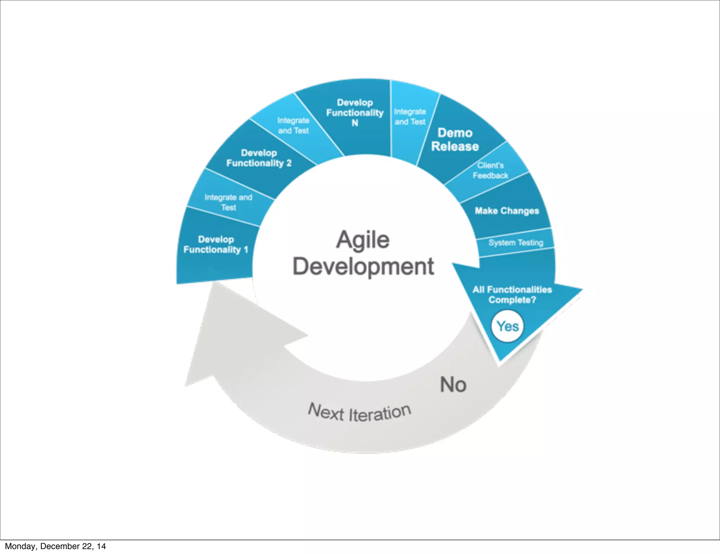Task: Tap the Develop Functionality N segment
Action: click(x=355, y=112)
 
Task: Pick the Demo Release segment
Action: click(x=455, y=140)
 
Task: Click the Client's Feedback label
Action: click(x=490, y=170)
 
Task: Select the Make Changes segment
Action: click(x=507, y=211)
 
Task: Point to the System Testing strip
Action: click(x=516, y=243)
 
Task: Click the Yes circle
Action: click(x=507, y=326)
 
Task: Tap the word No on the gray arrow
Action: click(x=453, y=385)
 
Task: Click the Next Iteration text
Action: click(x=359, y=412)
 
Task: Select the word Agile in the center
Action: click(x=363, y=240)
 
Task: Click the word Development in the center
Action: click(x=363, y=266)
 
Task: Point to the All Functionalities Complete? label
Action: click(x=512, y=295)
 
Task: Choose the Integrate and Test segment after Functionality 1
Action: click(x=229, y=202)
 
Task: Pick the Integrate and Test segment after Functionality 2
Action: click(x=293, y=125)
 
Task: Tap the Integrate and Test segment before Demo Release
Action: click(x=410, y=117)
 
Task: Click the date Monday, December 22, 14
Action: click(x=55, y=546)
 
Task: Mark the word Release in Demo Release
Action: click(x=455, y=147)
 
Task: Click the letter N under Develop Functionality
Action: click(x=355, y=123)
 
